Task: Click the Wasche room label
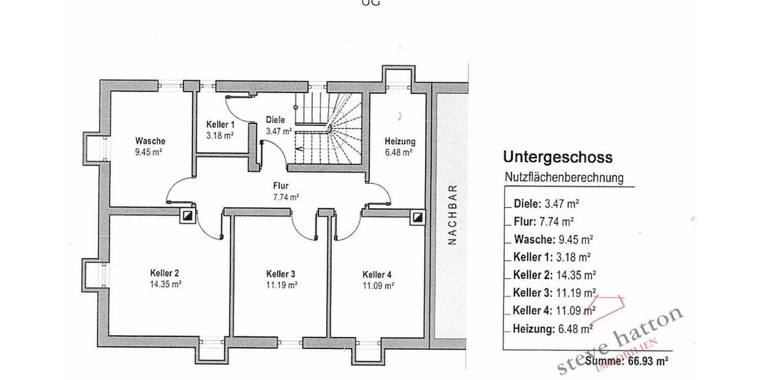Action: [x=150, y=141]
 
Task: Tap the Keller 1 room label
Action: [x=220, y=125]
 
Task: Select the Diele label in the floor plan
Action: [x=275, y=120]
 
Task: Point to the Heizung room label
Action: [x=400, y=142]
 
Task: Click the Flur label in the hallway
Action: [x=281, y=186]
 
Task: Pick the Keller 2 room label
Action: [x=165, y=273]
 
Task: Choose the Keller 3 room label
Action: [x=281, y=274]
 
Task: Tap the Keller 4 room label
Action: [x=377, y=274]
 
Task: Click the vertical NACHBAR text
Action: [x=452, y=215]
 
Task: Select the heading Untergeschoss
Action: [x=557, y=158]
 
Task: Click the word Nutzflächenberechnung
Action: [x=564, y=178]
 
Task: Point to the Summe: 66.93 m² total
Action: [x=627, y=361]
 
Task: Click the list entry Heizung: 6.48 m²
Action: [x=552, y=328]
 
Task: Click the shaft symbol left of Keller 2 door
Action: [x=187, y=217]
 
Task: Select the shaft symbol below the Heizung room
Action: [x=417, y=217]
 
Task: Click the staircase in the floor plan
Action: [x=329, y=130]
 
